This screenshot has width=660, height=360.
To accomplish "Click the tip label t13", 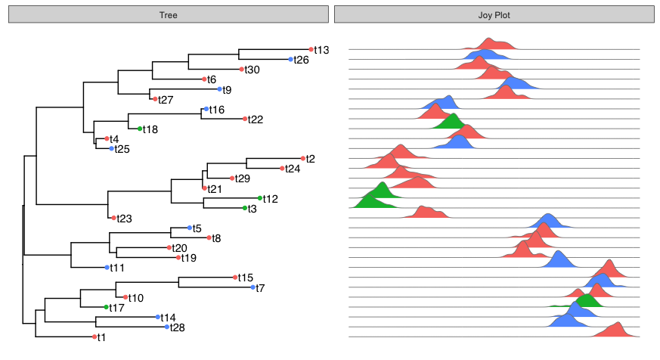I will pyautogui.click(x=322, y=50).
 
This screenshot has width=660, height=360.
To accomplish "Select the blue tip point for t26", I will pyautogui.click(x=291, y=59).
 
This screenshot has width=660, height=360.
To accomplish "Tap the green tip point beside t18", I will pyautogui.click(x=140, y=129).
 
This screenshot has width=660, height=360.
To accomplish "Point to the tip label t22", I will pyautogui.click(x=256, y=119).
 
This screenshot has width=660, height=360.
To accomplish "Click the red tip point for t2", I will pyautogui.click(x=302, y=158).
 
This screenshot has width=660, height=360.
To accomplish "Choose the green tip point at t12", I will pyautogui.click(x=259, y=198).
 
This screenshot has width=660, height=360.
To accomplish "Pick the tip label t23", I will pyautogui.click(x=125, y=219).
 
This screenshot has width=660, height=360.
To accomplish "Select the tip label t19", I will pyautogui.click(x=189, y=258).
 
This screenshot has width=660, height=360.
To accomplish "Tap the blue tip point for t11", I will pyautogui.click(x=107, y=268).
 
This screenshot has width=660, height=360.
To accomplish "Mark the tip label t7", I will pyautogui.click(x=260, y=287).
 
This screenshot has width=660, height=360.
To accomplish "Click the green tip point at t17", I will pyautogui.click(x=106, y=307).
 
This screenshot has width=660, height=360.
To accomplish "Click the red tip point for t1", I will pyautogui.click(x=95, y=337).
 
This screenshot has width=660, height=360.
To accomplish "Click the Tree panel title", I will pyautogui.click(x=168, y=15).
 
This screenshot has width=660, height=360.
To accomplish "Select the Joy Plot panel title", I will pyautogui.click(x=494, y=15).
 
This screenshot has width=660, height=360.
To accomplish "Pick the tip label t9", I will pyautogui.click(x=227, y=89).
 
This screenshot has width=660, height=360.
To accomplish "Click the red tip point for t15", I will pyautogui.click(x=236, y=278).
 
